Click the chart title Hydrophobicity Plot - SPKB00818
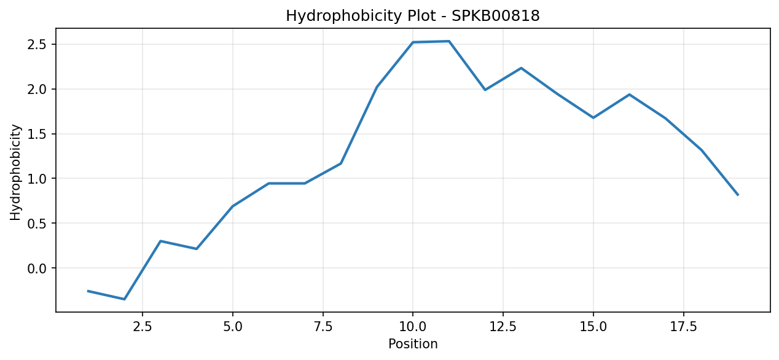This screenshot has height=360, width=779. pos(413,16)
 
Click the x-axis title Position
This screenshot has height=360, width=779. pos(413,344)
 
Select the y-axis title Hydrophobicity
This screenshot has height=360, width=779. pos(15,172)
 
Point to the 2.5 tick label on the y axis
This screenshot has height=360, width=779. pos(37,45)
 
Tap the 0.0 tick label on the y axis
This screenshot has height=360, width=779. pos(37,268)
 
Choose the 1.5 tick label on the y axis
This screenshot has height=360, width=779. pos(37,135)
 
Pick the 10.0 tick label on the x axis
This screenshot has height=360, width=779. pos(413,327)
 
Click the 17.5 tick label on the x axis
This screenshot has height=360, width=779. pos(683,327)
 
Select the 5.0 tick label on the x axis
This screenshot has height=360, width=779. pos(233,327)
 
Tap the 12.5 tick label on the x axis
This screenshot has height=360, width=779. pos(503,327)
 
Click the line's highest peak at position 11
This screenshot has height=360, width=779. pos(449,41)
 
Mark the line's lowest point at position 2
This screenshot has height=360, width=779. pos(125,299)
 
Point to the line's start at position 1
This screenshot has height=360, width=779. pos(88,291)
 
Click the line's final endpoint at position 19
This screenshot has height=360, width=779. pos(738,195)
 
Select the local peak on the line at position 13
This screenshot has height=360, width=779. pos(521,68)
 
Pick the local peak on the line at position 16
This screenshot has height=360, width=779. pos(630,94)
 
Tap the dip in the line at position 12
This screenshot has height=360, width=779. pos(485,90)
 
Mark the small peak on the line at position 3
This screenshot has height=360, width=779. pos(160,241)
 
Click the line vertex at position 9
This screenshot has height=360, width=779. pos(377,87)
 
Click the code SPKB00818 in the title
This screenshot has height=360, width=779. pos(496,16)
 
